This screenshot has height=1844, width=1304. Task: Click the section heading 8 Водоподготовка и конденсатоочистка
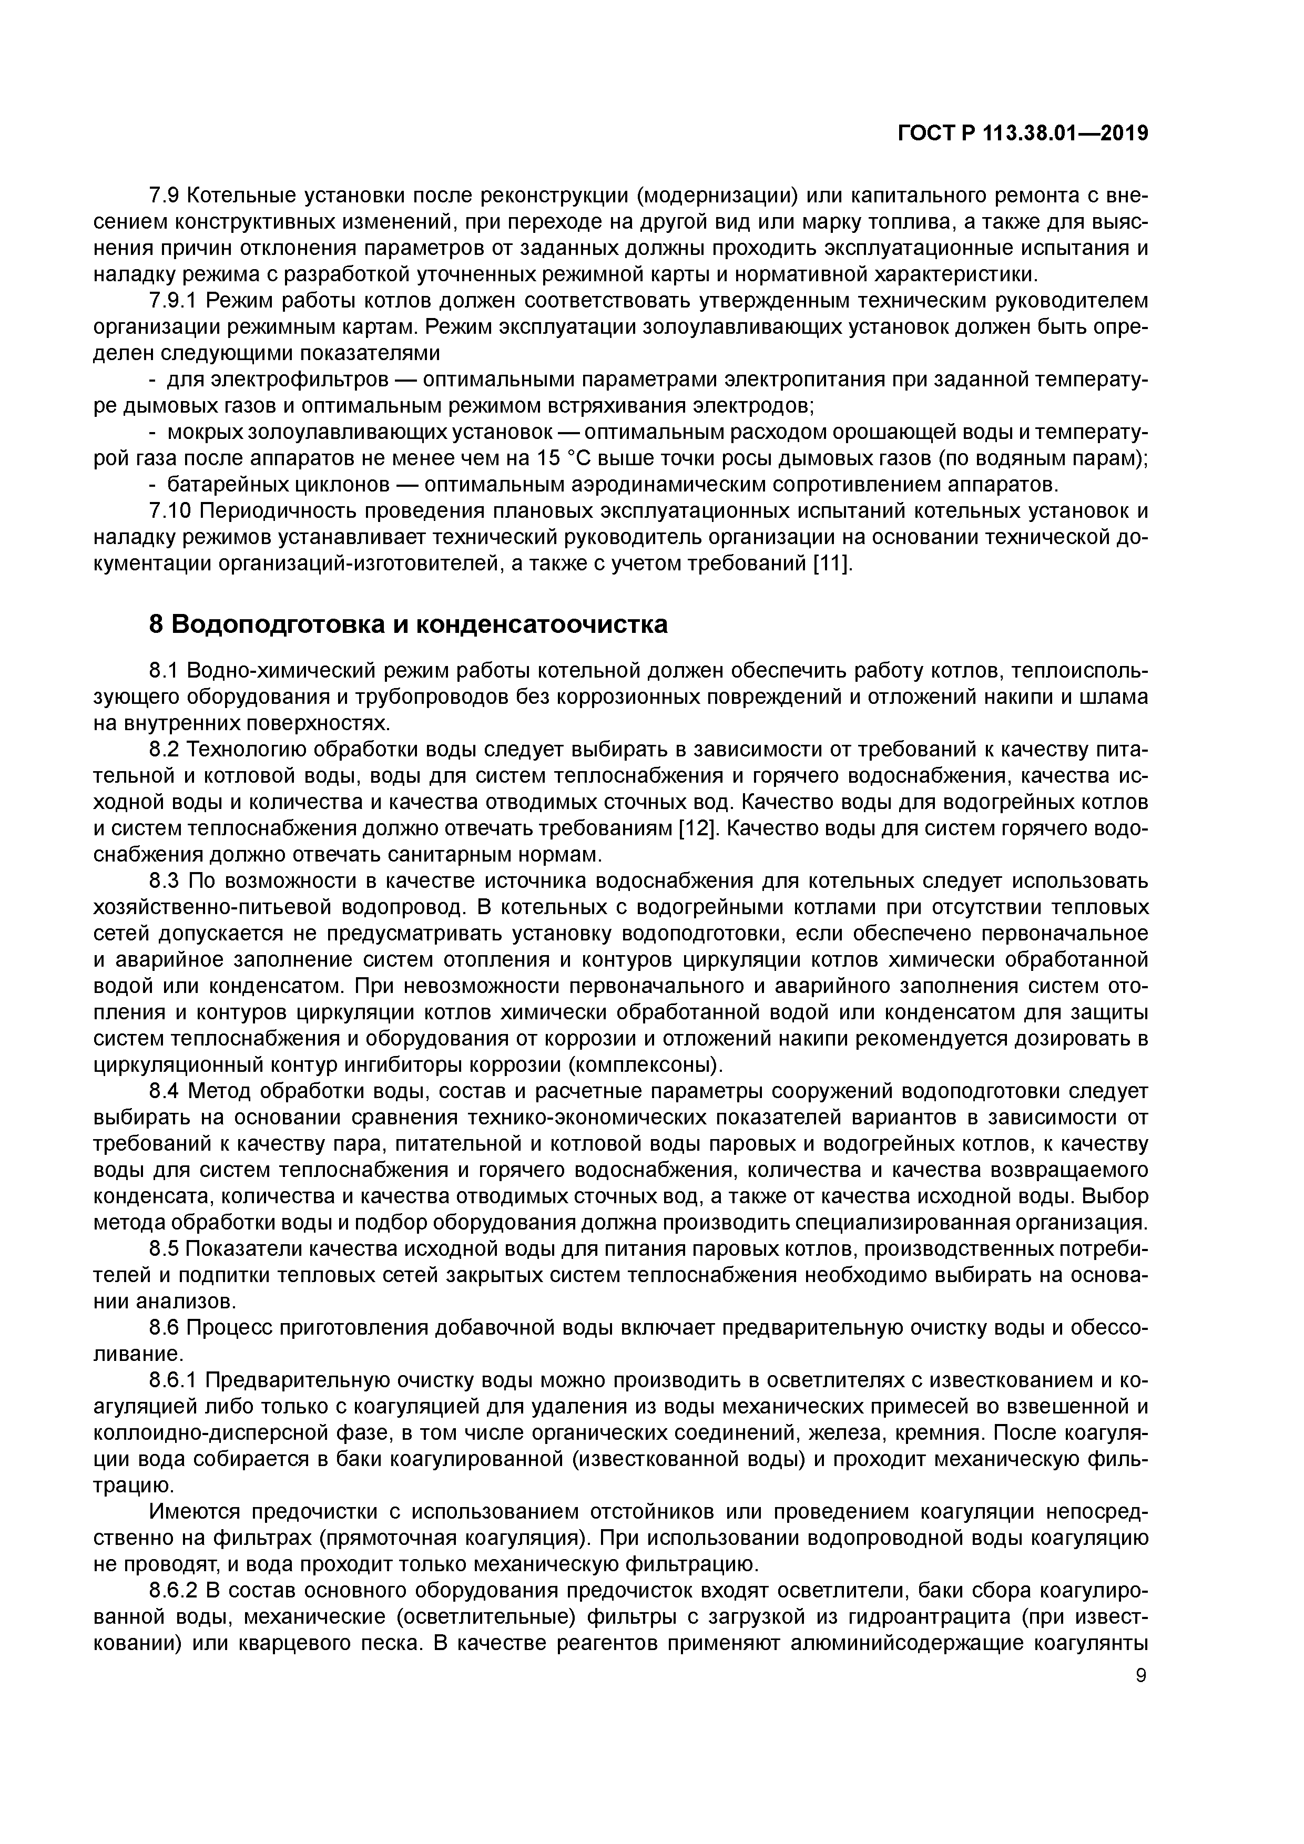coord(408,624)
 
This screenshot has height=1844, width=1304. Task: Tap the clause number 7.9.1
coord(174,301)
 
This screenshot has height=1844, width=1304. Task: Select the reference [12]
coord(697,828)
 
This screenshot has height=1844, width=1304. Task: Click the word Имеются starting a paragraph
coord(196,1511)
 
